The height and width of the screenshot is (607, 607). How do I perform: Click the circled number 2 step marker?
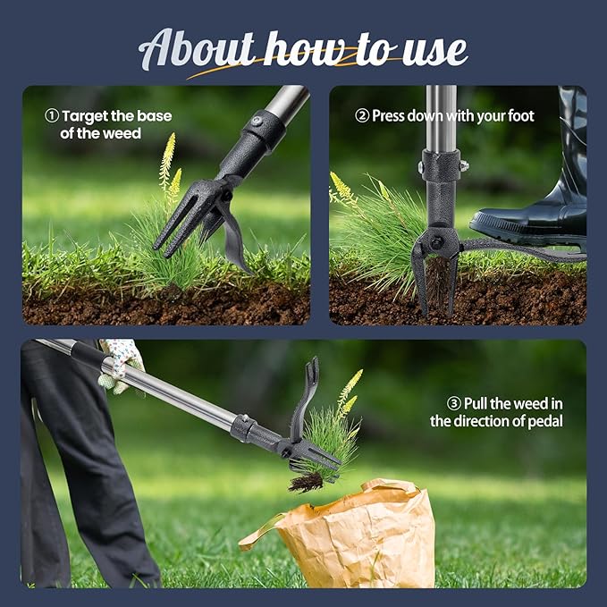click(362, 116)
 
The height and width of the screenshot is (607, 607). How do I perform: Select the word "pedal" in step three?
click(544, 421)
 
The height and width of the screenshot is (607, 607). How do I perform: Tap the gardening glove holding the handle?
click(121, 362)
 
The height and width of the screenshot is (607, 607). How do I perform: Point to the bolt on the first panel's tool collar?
click(257, 121)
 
